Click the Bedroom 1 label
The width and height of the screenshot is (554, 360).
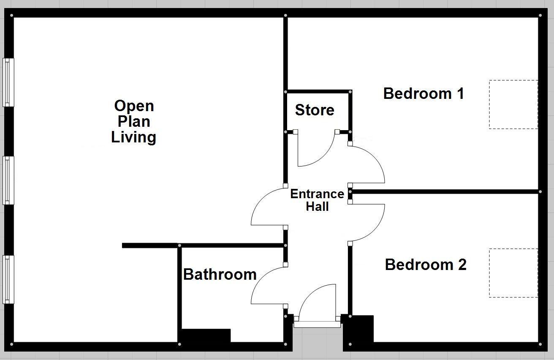pyautogui.click(x=423, y=93)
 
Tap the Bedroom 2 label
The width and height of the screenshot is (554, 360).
pyautogui.click(x=425, y=265)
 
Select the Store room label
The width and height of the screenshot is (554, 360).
pyautogui.click(x=315, y=110)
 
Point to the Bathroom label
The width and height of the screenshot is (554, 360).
pyautogui.click(x=220, y=275)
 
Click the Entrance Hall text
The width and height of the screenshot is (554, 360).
pyautogui.click(x=317, y=200)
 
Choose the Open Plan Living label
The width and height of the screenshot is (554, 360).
pyautogui.click(x=133, y=121)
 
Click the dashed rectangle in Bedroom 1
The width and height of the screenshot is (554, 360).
pyautogui.click(x=513, y=104)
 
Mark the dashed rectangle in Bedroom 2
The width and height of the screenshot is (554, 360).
pyautogui.click(x=513, y=273)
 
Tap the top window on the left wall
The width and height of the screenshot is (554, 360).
pyautogui.click(x=8, y=82)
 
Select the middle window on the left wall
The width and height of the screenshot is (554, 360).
pyautogui.click(x=8, y=180)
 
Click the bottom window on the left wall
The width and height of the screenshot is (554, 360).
pyautogui.click(x=8, y=279)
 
